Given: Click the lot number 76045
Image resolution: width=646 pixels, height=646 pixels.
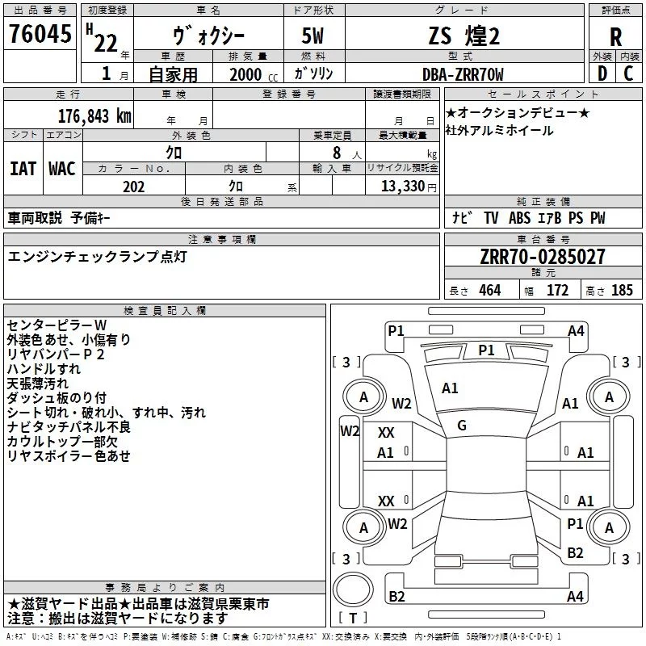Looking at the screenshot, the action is click(39, 36).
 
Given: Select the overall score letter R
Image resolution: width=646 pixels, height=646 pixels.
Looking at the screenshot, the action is click(615, 37).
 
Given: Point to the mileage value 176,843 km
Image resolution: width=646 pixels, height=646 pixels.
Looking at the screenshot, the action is click(94, 115).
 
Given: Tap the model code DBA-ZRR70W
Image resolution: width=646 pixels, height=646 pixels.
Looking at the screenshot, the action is click(463, 74).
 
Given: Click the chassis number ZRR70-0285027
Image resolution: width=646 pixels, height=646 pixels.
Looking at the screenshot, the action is click(542, 258).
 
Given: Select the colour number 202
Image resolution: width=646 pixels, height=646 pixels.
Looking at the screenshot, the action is click(133, 187).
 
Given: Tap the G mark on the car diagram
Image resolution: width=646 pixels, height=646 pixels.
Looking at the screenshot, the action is click(462, 426).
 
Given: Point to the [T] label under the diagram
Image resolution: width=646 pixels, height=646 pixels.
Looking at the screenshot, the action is click(353, 619).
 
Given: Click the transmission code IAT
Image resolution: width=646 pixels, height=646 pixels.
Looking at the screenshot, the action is click(23, 169).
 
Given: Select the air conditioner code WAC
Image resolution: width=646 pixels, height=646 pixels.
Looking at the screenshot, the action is click(62, 169).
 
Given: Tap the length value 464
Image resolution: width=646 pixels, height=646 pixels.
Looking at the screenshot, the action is click(489, 291).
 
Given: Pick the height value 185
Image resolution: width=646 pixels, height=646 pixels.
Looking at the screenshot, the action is click(622, 291).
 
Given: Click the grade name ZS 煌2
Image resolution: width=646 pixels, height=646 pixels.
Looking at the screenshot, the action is click(464, 37).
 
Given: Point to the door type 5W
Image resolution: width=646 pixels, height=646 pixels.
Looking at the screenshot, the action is click(314, 37).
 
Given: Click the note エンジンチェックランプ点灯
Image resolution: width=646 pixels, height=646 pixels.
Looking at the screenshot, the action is click(98, 256).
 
